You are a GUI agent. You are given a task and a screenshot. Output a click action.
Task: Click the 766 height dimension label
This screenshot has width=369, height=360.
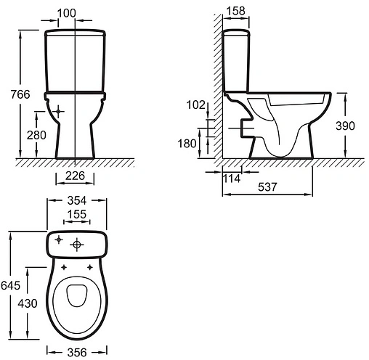(x=20, y=94)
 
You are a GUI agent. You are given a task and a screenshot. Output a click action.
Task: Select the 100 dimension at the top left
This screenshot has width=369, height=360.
(x=67, y=13)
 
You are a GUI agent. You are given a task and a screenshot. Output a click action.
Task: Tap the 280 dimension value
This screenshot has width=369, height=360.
(x=36, y=135)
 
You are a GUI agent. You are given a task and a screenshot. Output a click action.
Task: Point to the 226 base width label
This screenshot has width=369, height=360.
(x=75, y=176)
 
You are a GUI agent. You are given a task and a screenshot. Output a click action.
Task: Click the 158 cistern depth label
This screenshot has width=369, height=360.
(x=236, y=11)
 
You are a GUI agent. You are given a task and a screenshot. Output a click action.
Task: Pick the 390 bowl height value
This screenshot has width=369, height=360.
(x=345, y=126)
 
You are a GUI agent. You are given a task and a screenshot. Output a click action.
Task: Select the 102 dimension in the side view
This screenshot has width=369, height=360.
(x=195, y=105)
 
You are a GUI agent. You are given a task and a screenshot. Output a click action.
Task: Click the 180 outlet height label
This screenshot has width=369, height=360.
(x=187, y=144)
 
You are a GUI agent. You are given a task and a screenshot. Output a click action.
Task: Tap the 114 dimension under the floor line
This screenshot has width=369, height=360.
(x=232, y=179)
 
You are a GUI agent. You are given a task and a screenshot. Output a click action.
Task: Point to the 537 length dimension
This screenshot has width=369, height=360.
(x=267, y=187)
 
